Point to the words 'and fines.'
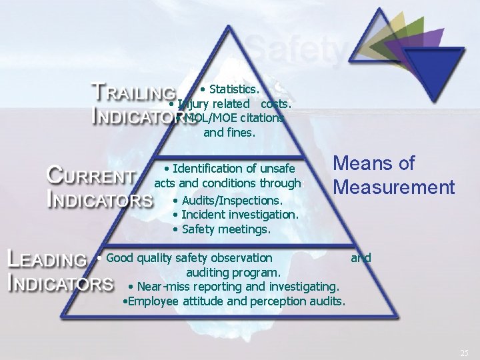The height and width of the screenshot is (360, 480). coord(229,132)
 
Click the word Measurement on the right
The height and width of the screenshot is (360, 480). coord(395,187)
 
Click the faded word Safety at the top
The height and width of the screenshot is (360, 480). coord(297,49)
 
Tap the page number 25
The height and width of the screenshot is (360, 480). coord(464,351)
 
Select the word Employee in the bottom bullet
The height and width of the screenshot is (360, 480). coord(153,301)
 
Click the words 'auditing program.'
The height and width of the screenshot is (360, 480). coord(233,273)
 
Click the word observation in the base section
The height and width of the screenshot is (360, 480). coord(239,257)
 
